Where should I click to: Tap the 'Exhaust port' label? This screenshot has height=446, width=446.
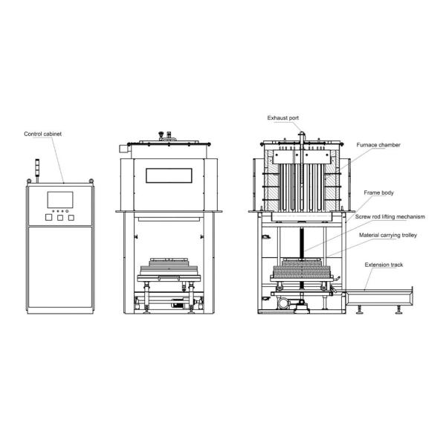(283, 117)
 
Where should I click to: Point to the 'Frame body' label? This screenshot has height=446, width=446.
(378, 193)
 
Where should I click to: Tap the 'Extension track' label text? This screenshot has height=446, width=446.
(383, 265)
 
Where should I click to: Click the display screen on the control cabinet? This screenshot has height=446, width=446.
(59, 200)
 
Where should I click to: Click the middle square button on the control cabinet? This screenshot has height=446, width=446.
(59, 218)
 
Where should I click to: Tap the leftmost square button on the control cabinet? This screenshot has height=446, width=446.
(48, 218)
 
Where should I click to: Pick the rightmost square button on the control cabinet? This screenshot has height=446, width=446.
(71, 218)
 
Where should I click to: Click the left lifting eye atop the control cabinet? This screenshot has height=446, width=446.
(30, 181)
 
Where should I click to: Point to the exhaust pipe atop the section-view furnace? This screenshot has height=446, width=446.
(303, 135)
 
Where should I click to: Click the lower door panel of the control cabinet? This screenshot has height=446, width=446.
(59, 268)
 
